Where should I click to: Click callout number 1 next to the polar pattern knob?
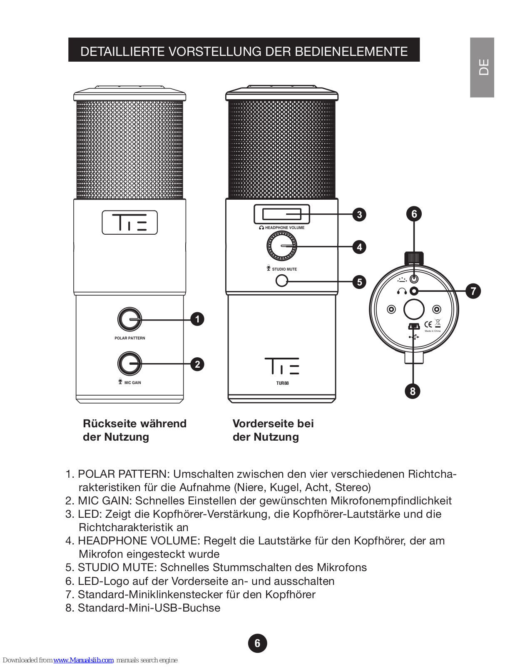point(197,319)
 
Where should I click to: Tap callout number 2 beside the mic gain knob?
point(197,364)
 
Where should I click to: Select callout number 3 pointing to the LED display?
point(359,215)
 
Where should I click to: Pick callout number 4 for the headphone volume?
point(359,247)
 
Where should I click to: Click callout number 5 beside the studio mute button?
point(359,282)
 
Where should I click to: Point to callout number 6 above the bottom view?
point(414,214)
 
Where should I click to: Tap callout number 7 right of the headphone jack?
point(473,291)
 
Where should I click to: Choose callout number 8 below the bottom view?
point(413,391)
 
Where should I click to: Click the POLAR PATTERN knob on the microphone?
point(130,319)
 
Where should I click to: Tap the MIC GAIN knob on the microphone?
point(130,364)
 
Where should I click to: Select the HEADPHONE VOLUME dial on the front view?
point(282,246)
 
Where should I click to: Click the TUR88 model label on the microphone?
point(282,383)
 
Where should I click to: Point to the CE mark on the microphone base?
point(428,324)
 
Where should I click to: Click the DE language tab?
point(482,68)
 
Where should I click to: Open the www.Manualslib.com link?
point(83,660)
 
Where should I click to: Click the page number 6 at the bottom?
point(257,643)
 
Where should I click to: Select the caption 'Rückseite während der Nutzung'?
point(134,430)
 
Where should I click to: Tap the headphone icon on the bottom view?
point(402,291)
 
